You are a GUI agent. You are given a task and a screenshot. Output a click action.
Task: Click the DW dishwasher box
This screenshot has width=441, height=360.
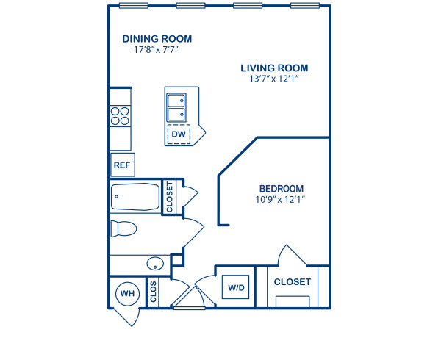pyautogui.click(x=178, y=134)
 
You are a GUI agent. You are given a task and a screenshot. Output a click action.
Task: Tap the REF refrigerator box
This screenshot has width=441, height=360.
pyautogui.click(x=121, y=165)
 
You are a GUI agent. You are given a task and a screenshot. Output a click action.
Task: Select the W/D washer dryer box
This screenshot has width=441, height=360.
pyautogui.click(x=237, y=287)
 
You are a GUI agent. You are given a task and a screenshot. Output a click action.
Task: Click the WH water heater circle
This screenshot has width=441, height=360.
pyautogui.click(x=127, y=294)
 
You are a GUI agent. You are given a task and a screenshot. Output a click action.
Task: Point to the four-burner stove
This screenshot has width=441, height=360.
pyautogui.click(x=120, y=116)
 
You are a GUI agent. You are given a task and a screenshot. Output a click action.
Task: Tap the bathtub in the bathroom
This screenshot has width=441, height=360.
pyautogui.click(x=135, y=197)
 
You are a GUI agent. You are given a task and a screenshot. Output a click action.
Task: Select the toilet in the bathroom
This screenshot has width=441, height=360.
pyautogui.click(x=123, y=228)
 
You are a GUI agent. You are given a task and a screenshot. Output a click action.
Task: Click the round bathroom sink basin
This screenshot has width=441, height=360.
pyautogui.click(x=154, y=264)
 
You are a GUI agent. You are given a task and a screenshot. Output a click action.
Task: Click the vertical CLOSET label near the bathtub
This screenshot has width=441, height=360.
pyautogui.click(x=169, y=198)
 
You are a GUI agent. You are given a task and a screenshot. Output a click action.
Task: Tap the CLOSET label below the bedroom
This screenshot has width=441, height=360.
pyautogui.click(x=293, y=282)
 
